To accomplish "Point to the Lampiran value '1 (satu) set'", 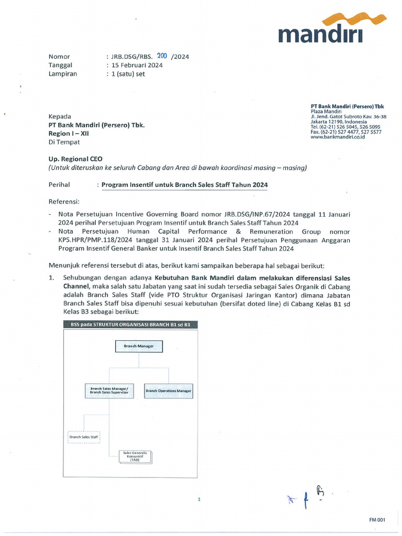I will [127, 74].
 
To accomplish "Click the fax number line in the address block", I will [345, 132].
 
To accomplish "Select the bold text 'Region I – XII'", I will [69, 133].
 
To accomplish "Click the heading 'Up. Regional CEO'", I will [75, 158].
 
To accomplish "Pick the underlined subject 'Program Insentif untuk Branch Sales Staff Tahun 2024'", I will [184, 185].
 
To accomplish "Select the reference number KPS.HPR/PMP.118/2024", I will [87, 240].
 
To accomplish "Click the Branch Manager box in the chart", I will [139, 347].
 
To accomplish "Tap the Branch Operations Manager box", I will [169, 390].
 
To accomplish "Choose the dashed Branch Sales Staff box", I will [84, 437].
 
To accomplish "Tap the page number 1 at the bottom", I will [199, 500].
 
